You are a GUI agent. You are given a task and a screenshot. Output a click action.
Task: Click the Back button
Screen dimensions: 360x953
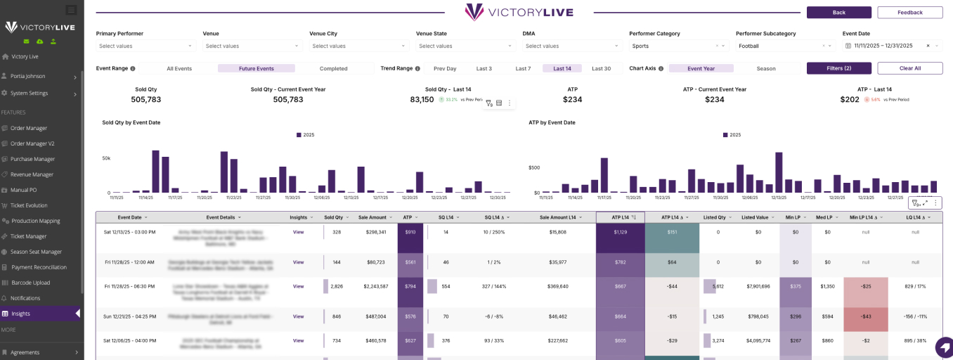[838, 13]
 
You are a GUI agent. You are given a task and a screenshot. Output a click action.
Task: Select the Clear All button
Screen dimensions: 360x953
[909, 68]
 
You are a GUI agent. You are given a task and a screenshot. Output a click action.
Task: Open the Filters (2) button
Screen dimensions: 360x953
[838, 68]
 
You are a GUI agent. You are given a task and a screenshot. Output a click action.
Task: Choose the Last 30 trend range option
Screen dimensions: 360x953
[601, 69]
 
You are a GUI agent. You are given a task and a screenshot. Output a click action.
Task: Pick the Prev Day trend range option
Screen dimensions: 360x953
[445, 69]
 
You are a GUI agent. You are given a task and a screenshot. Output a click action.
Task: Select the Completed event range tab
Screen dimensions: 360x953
[333, 69]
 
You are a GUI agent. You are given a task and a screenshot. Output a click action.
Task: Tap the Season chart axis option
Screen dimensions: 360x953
[766, 69]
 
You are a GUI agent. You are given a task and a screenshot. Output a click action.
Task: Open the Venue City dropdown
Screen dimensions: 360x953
[358, 46]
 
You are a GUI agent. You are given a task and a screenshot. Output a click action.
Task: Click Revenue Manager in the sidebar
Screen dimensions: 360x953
[32, 174]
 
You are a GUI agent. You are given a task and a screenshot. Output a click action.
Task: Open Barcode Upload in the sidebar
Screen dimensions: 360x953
[30, 283]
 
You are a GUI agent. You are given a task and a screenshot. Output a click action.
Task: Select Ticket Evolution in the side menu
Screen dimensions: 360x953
[29, 205]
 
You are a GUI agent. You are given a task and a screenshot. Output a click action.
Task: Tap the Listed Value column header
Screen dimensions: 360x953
[756, 217]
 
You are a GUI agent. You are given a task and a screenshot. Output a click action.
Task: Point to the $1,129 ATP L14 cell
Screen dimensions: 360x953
[620, 232]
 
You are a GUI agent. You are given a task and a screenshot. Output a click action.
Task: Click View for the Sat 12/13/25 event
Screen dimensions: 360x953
[298, 232]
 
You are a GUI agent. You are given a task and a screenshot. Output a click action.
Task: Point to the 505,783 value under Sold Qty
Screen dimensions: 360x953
[146, 100]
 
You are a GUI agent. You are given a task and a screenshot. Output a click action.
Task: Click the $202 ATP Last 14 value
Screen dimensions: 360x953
[850, 100]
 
